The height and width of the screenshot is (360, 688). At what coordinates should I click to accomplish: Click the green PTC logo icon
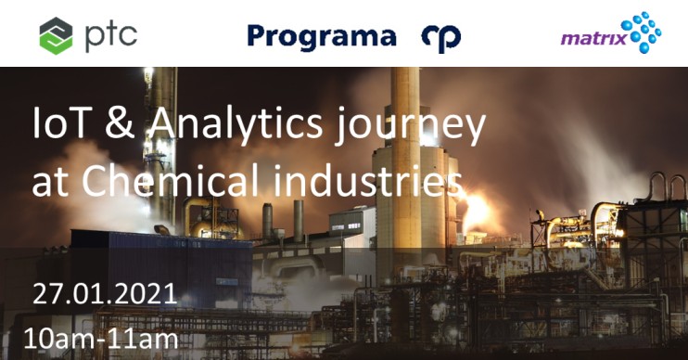pyautogui.click(x=56, y=35)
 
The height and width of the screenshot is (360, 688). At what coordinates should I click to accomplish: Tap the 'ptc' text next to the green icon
pyautogui.click(x=108, y=34)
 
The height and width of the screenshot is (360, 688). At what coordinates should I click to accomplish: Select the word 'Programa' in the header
pyautogui.click(x=321, y=36)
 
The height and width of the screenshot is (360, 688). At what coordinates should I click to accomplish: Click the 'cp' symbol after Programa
pyautogui.click(x=440, y=37)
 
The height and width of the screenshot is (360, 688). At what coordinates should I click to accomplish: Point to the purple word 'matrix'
pyautogui.click(x=591, y=40)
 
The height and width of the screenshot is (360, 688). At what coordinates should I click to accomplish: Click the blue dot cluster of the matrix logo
pyautogui.click(x=641, y=31)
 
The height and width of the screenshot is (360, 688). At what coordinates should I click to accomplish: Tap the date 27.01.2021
pyautogui.click(x=105, y=294)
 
